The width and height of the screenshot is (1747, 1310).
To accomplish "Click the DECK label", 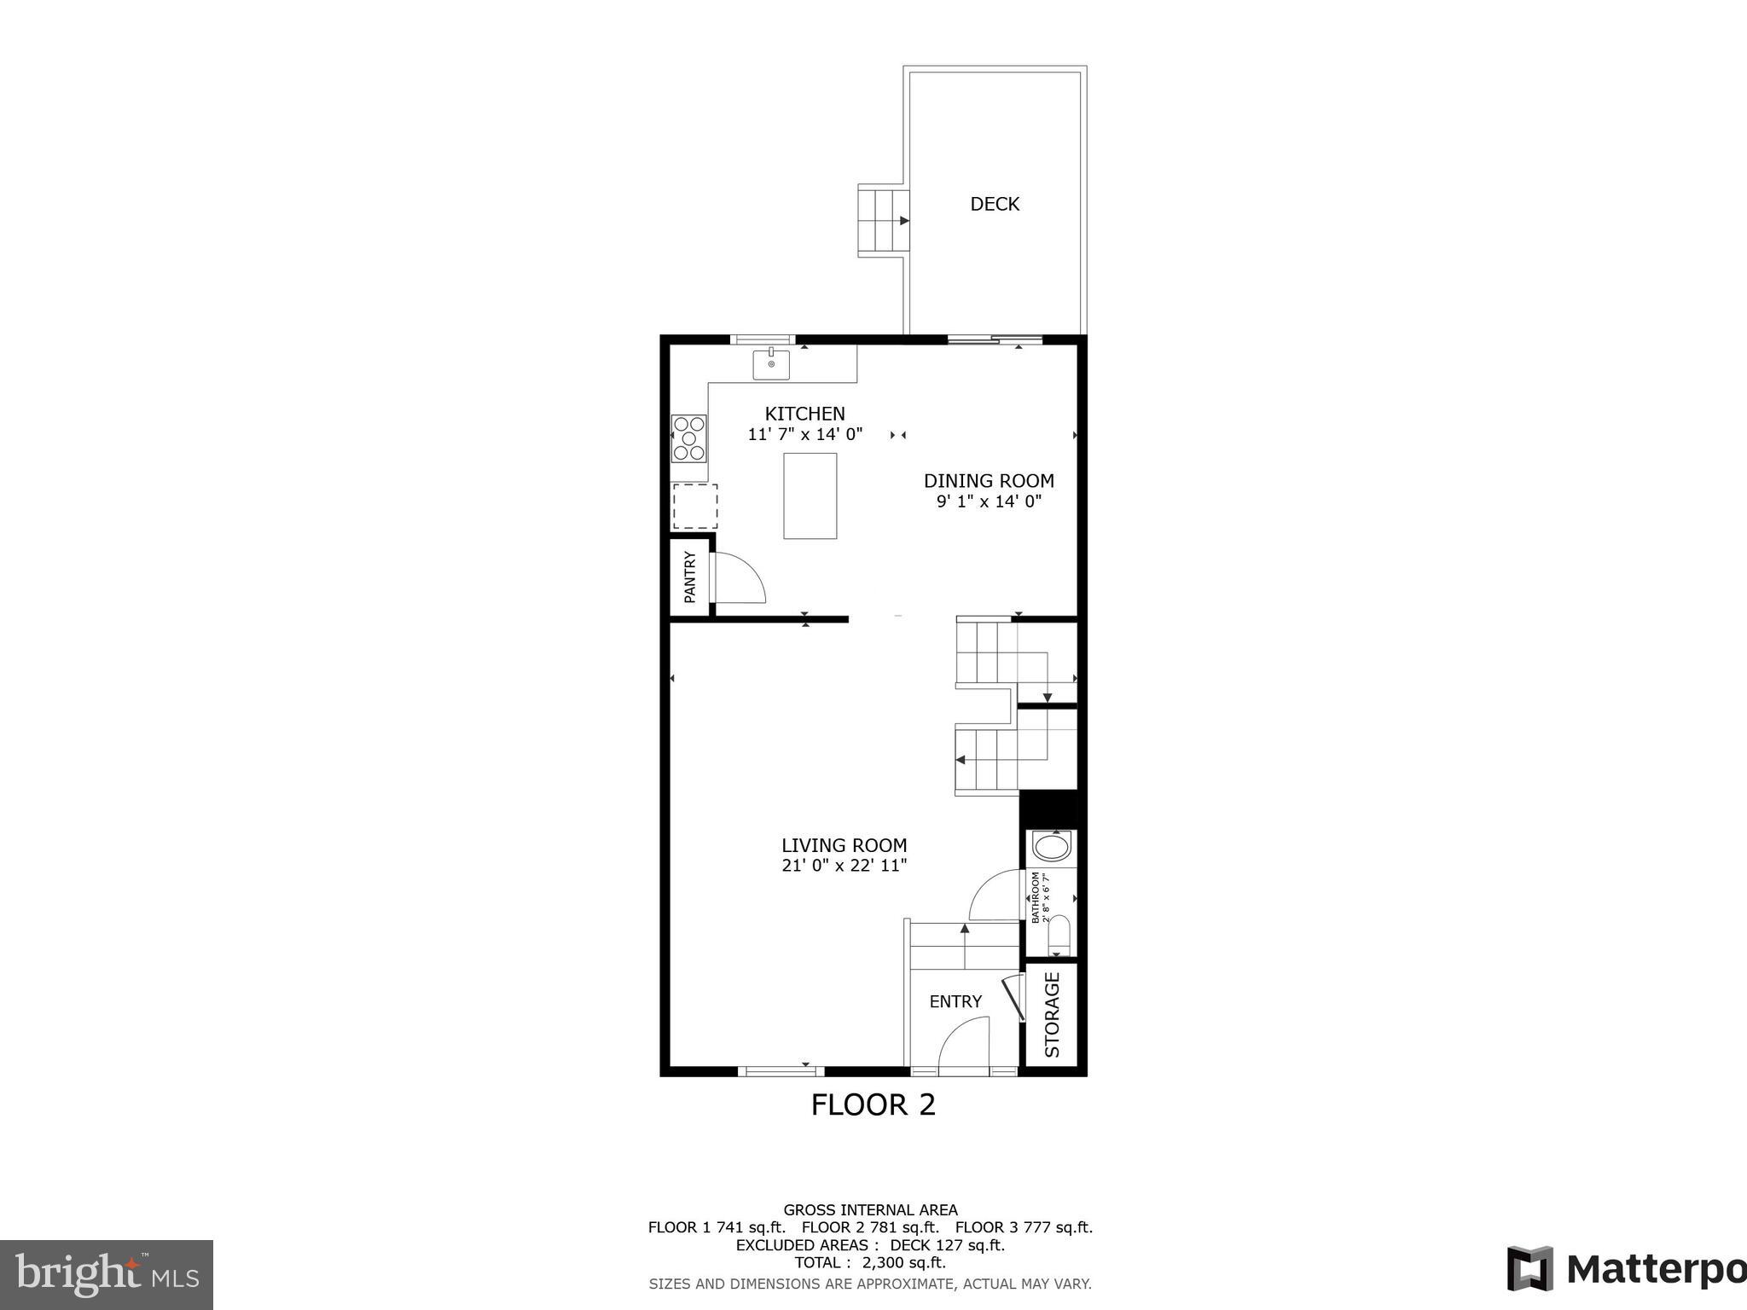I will click(x=995, y=204).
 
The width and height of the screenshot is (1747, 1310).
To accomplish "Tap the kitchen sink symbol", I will click(x=771, y=364).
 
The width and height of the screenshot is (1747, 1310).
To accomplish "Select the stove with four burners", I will click(x=689, y=438).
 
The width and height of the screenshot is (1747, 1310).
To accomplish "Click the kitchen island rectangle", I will click(x=810, y=496).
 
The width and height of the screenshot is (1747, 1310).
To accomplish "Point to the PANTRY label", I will click(x=689, y=577).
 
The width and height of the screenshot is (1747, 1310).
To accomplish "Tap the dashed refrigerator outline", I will click(x=694, y=507).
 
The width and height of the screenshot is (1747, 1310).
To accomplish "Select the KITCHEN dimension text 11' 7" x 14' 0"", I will click(x=805, y=434).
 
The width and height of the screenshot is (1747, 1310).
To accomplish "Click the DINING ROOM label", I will click(x=989, y=481).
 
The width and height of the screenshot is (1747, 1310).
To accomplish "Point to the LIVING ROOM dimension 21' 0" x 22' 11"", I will click(x=844, y=866).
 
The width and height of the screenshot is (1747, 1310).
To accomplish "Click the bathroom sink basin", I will click(x=1050, y=848).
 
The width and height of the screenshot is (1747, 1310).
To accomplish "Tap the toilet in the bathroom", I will click(x=1058, y=935).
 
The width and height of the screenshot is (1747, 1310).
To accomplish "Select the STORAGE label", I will click(x=1052, y=1015).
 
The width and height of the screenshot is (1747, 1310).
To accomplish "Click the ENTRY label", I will click(x=955, y=1001).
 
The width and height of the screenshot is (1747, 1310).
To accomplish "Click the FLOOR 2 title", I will click(x=873, y=1105).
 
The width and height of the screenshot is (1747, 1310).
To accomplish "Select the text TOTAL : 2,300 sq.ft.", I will click(x=870, y=1262).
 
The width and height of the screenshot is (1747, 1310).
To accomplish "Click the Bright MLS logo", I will click(x=107, y=1275).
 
